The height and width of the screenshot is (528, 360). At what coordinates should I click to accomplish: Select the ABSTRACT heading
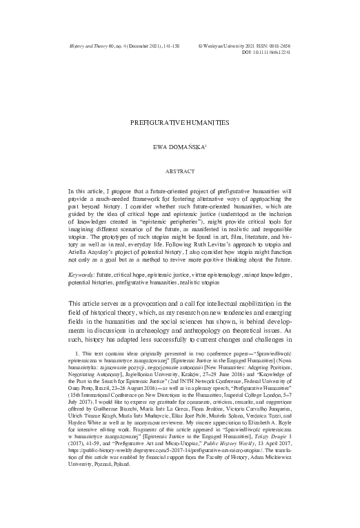[180, 169]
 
